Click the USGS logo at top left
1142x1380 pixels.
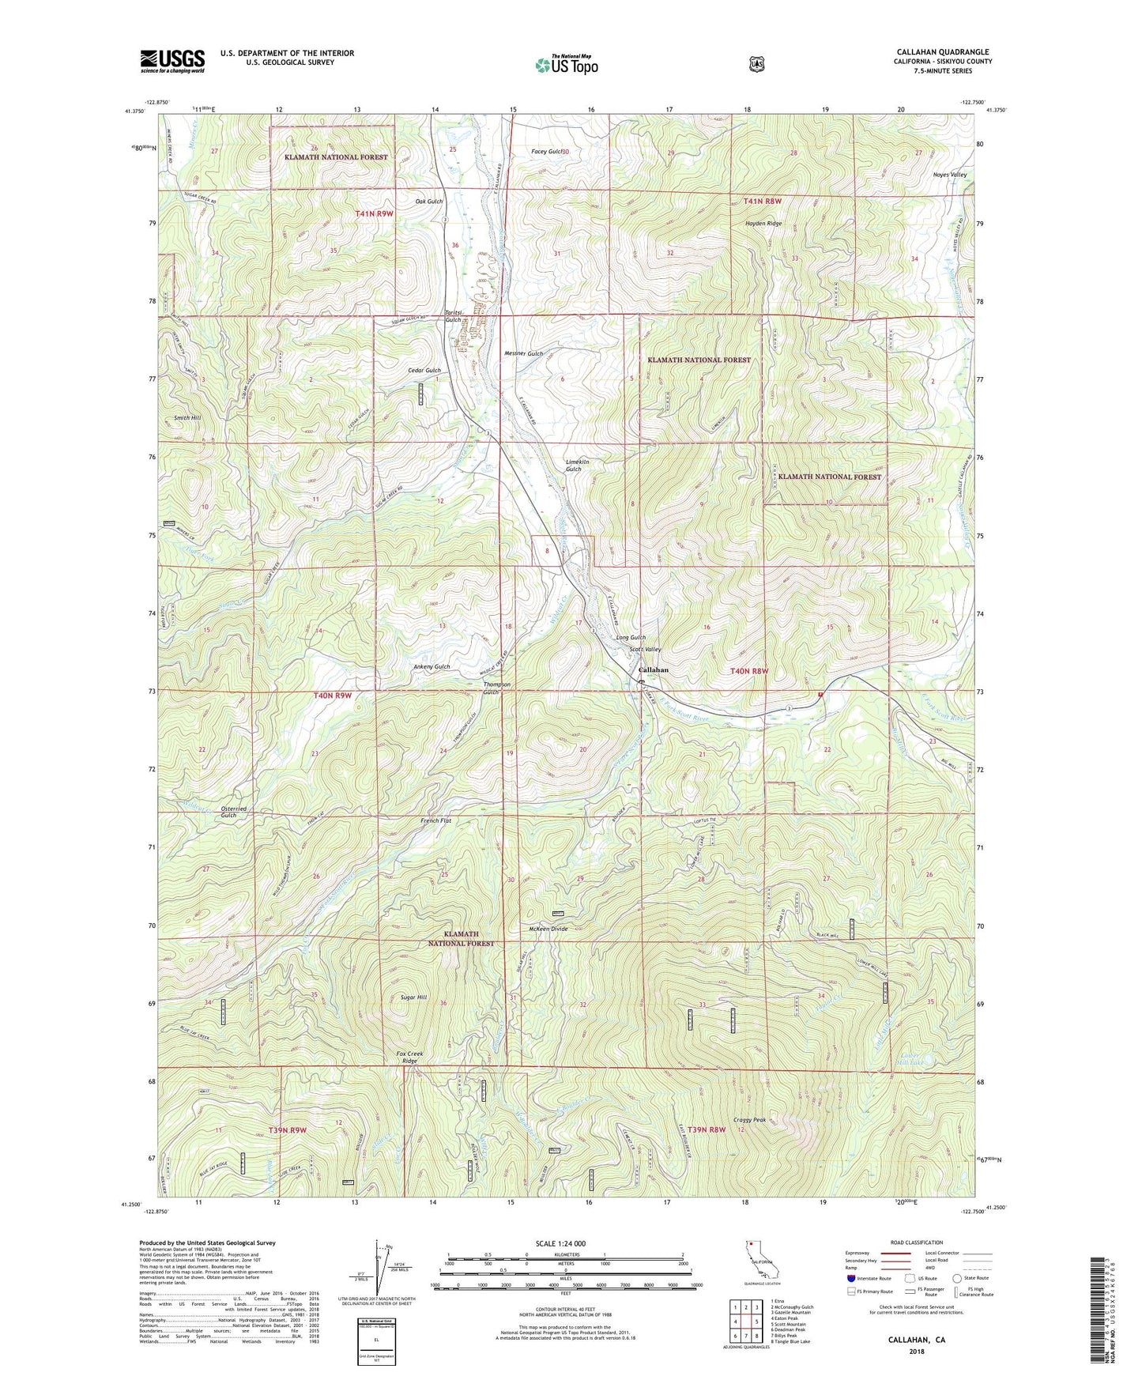click(172, 60)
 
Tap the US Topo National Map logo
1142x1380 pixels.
click(565, 64)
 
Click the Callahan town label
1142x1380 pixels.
click(653, 669)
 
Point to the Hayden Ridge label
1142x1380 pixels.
click(763, 224)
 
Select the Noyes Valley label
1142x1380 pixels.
click(928, 175)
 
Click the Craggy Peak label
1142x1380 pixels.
click(749, 1120)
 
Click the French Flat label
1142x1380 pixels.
click(436, 821)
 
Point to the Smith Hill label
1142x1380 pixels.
click(187, 417)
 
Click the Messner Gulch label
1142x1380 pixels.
click(523, 353)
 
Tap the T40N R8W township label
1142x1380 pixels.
click(749, 671)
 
